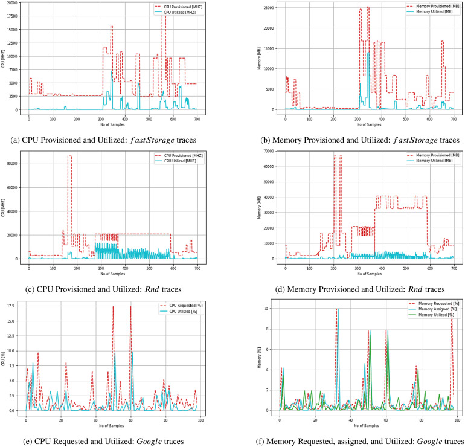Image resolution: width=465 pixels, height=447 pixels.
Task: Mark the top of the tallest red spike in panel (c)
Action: coord(69,156)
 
